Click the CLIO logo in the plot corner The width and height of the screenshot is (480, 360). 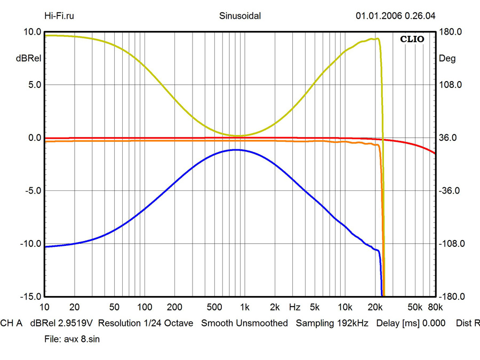tap(412, 39)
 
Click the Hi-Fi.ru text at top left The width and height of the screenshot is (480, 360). tap(59, 15)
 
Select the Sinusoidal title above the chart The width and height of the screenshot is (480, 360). tap(240, 15)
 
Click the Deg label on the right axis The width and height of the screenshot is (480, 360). tap(447, 59)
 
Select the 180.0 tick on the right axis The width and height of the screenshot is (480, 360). tap(450, 32)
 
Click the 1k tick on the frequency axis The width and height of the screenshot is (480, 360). tap(245, 308)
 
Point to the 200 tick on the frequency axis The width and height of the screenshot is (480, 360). tap(175, 308)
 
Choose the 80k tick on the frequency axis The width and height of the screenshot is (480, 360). tap(435, 308)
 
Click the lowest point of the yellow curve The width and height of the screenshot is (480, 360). tap(237, 135)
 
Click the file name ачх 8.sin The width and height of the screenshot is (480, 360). tap(81, 339)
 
